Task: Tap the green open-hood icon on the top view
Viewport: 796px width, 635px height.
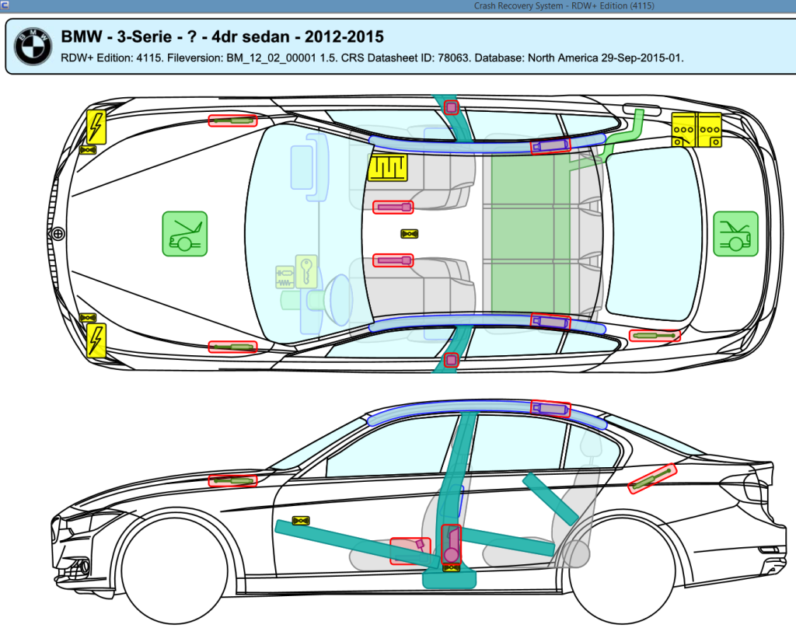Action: coord(185,233)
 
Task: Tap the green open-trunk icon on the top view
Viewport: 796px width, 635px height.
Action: coord(735,233)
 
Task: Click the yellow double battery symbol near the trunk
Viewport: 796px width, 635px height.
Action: coord(696,129)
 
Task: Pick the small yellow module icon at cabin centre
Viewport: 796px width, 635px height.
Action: coord(410,233)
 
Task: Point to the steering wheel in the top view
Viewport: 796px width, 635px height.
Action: coord(340,299)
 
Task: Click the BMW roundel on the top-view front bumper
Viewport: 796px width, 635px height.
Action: coord(58,233)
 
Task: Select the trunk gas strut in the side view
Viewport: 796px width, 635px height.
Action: coord(653,479)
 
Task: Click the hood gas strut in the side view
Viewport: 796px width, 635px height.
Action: coord(232,480)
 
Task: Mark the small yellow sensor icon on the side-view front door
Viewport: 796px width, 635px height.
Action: coord(300,520)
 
